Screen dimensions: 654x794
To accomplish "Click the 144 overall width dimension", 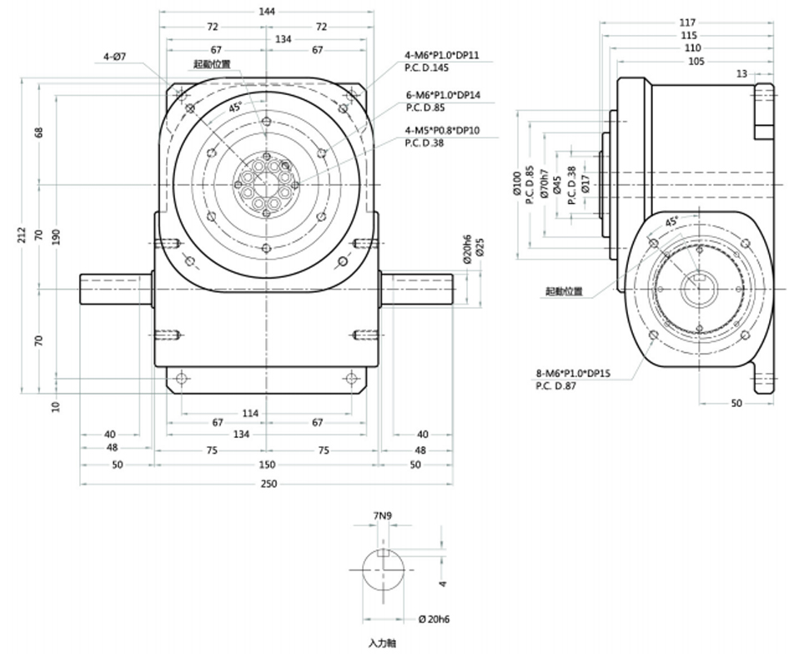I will [x=267, y=12].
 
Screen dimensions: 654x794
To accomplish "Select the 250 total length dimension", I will [x=267, y=484].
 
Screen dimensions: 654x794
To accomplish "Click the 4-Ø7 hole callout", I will [x=114, y=57].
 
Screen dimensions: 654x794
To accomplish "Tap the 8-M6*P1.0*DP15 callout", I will [x=576, y=374].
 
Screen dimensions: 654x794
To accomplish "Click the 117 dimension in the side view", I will [x=688, y=22].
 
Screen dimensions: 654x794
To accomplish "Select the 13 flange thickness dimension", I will [x=742, y=74].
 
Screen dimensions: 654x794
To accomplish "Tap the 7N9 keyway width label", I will [x=383, y=516].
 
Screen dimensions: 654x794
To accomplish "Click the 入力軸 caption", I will [x=384, y=644].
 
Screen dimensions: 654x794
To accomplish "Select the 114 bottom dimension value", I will [x=250, y=413].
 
